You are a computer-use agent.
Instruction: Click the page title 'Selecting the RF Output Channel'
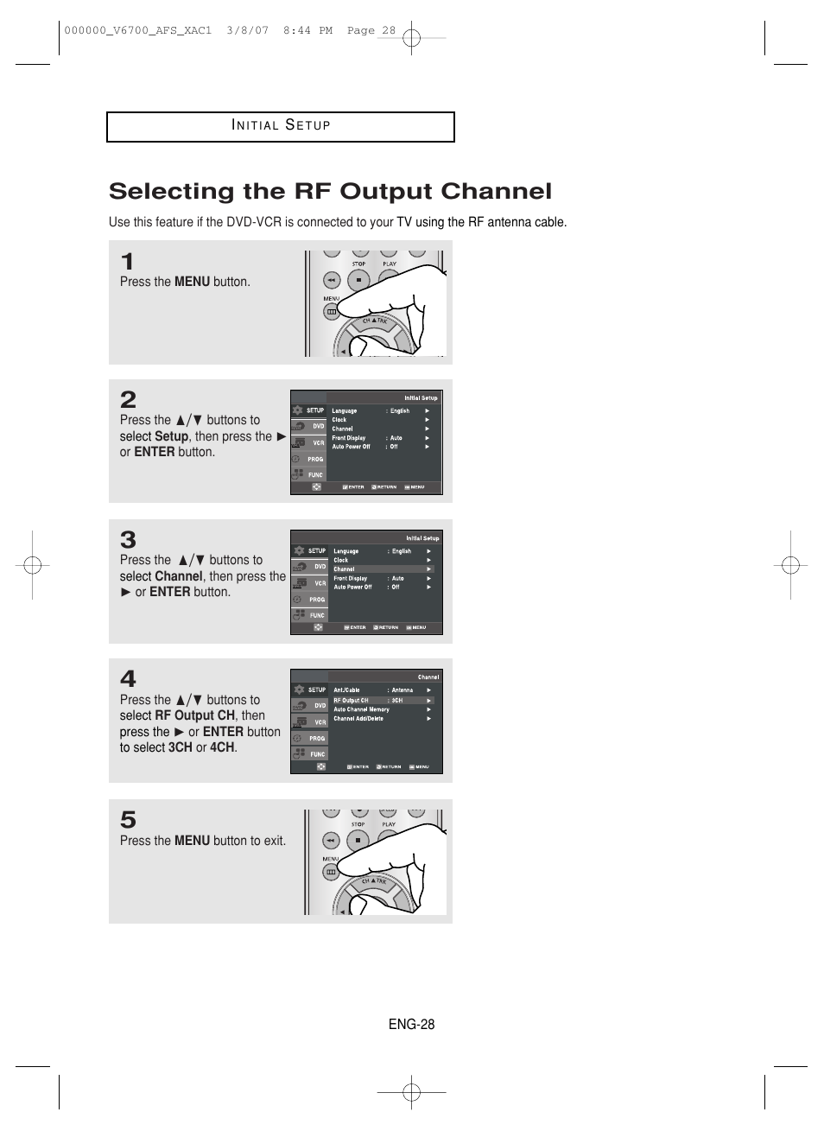pyautogui.click(x=330, y=191)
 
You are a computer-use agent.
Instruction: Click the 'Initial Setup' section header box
pyautogui.click(x=281, y=126)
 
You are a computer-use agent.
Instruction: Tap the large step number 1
pyautogui.click(x=127, y=261)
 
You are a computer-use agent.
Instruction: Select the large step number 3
pyautogui.click(x=128, y=540)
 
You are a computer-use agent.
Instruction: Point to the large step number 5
pyautogui.click(x=128, y=819)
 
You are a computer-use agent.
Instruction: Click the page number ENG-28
pyautogui.click(x=411, y=1024)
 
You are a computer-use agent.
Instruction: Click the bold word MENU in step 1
pyautogui.click(x=192, y=282)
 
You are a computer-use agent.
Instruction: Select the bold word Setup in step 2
pyautogui.click(x=171, y=436)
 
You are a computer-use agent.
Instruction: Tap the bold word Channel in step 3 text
pyautogui.click(x=178, y=576)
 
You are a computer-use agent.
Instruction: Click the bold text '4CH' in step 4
pyautogui.click(x=222, y=747)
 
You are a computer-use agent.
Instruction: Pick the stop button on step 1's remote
pyautogui.click(x=358, y=279)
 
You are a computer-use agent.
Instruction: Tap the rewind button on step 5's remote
pyautogui.click(x=331, y=840)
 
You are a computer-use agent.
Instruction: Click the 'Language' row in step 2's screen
pyautogui.click(x=345, y=411)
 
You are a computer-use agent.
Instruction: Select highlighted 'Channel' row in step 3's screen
pyautogui.click(x=345, y=569)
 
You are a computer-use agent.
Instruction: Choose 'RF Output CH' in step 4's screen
pyautogui.click(x=352, y=701)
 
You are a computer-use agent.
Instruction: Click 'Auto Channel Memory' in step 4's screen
pyautogui.click(x=361, y=709)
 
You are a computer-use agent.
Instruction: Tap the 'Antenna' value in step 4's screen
pyautogui.click(x=402, y=690)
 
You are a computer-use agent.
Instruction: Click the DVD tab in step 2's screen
pyautogui.click(x=310, y=426)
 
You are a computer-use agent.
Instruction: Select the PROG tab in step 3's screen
pyautogui.click(x=310, y=599)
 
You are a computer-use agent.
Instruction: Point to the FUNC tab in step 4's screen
pyautogui.click(x=310, y=753)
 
